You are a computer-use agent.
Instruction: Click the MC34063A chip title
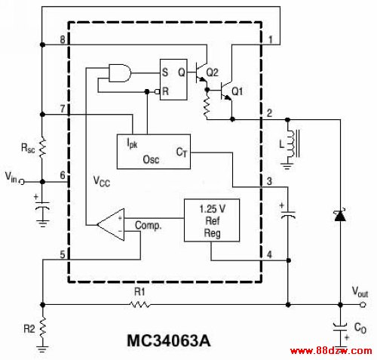click(x=169, y=341)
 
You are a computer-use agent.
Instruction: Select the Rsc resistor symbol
click(x=43, y=148)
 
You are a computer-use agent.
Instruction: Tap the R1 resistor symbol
click(x=139, y=305)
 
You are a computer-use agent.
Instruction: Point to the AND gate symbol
click(x=120, y=73)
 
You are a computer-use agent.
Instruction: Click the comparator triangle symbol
click(x=111, y=224)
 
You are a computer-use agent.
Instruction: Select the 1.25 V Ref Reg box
click(x=212, y=220)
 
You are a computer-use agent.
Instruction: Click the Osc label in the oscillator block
click(x=151, y=159)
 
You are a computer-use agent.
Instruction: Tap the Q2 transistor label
click(x=212, y=72)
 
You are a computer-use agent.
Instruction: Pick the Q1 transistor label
click(x=237, y=91)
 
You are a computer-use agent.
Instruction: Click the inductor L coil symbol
click(x=293, y=143)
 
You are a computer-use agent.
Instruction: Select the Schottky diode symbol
click(x=340, y=215)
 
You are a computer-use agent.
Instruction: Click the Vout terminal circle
click(x=363, y=305)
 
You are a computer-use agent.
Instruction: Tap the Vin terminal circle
click(x=22, y=182)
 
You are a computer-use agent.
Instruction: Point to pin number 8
click(x=63, y=40)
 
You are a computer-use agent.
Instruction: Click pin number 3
click(x=269, y=181)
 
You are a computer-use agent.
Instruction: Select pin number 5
click(x=63, y=254)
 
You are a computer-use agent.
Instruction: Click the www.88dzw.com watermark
click(x=331, y=351)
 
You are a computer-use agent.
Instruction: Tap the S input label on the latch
click(x=165, y=72)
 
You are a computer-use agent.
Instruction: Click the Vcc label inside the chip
click(x=102, y=181)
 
